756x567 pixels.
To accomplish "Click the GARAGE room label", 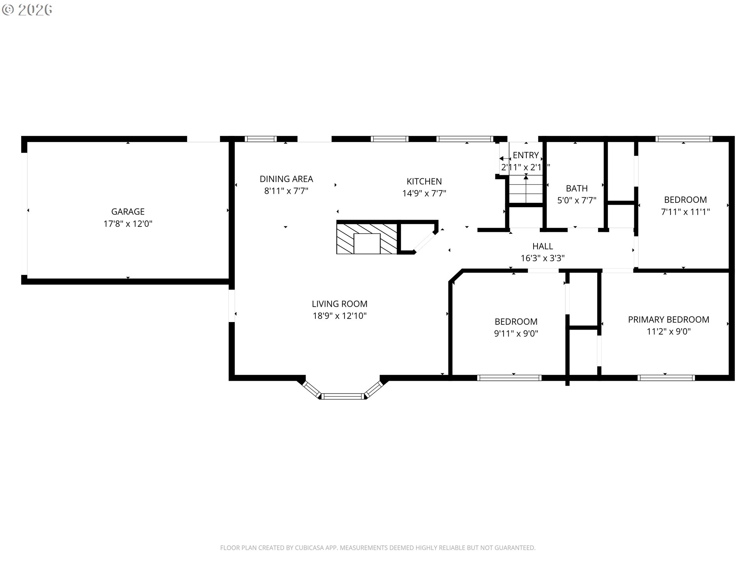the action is pos(128,212).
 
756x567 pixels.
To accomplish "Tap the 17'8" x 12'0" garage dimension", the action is pos(128,224).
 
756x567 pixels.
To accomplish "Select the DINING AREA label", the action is pos(286,179).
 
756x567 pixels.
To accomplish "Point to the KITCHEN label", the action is pos(424,182).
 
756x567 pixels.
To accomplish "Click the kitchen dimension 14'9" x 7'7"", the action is pos(424,193).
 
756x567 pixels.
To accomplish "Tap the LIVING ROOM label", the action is pos(339,304).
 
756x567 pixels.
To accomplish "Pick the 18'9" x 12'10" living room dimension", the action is pos(339,316).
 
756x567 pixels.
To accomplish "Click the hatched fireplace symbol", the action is pos(367,239).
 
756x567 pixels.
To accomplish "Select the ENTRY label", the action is pos(526,155).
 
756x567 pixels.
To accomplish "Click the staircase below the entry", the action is pos(526,189).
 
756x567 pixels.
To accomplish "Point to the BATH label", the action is pos(577,189).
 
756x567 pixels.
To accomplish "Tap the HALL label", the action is pos(543,246).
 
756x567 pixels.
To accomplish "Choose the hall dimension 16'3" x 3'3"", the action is pos(543,258).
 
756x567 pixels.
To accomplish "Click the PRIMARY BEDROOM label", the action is pos(669,320).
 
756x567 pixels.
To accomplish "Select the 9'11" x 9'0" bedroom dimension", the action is pos(516,334).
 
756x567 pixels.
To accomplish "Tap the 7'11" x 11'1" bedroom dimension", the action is pos(685,212).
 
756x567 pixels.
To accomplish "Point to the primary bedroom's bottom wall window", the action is pos(666,378).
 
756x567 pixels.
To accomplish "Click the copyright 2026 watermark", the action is pos(27,10).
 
